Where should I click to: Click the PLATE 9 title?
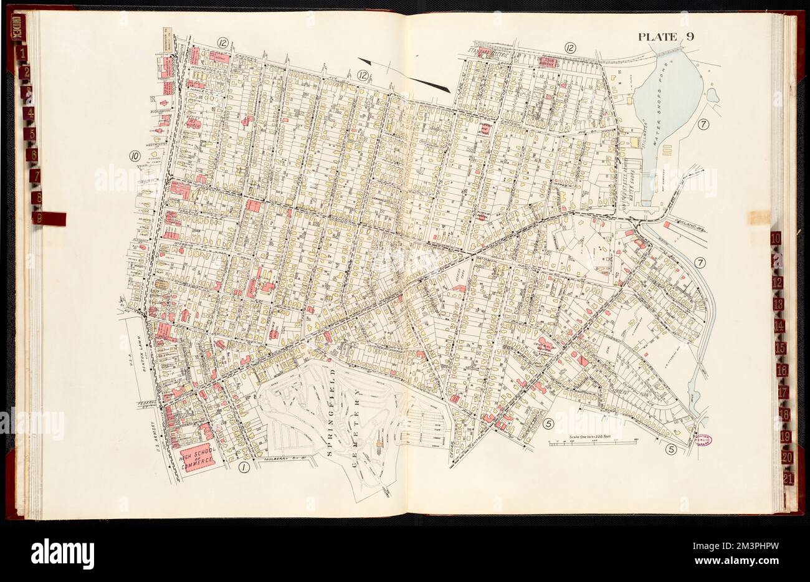[x=665, y=37]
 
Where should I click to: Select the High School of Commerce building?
[x=197, y=460]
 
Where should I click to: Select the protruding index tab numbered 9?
[x=49, y=218]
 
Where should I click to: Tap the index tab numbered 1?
[x=23, y=54]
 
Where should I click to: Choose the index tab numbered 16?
[x=782, y=370]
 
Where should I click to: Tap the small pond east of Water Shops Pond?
[x=712, y=95]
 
